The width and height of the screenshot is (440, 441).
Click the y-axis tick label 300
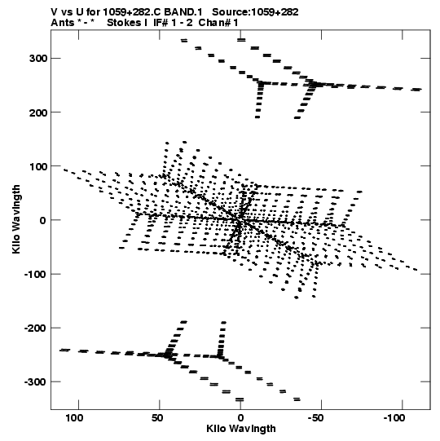[x=38, y=59]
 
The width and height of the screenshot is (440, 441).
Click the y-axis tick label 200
[x=38, y=112]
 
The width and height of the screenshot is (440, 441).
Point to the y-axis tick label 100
[x=38, y=166]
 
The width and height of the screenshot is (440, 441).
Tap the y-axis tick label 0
[x=42, y=220]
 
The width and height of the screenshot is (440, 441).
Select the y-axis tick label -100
[x=35, y=275]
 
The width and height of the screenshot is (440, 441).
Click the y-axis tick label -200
[x=35, y=329]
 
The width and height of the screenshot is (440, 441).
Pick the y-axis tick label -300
[x=35, y=382]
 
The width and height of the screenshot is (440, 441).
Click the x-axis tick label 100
[x=74, y=418]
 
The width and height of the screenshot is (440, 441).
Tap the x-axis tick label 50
[x=157, y=418]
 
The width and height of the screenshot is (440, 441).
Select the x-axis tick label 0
[x=240, y=418]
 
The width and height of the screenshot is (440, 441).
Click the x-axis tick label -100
[x=394, y=418]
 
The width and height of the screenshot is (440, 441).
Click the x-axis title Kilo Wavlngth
[x=241, y=429]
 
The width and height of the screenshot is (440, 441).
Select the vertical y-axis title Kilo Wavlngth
[x=16, y=219]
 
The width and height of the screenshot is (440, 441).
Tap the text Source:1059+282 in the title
[x=255, y=12]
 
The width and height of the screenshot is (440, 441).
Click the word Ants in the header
[x=63, y=23]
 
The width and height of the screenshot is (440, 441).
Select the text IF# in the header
[x=161, y=23]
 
